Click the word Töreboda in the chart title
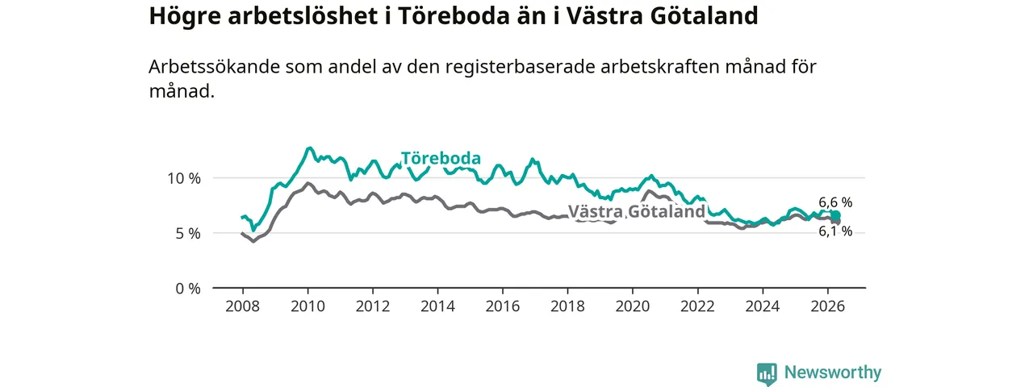coord(454,15)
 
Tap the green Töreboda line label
coord(441,159)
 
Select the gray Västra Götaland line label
coord(637,211)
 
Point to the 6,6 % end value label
coord(835,202)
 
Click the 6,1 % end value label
coord(835,231)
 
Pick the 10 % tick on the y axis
coord(184,178)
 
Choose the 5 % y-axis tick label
coord(188,234)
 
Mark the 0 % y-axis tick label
coord(188,289)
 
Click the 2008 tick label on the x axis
coord(243,306)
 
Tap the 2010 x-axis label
coord(307,306)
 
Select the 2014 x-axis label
coord(437,306)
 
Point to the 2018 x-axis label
coord(567,306)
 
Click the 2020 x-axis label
coord(633,306)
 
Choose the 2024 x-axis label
coord(763,306)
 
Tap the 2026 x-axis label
coord(828,306)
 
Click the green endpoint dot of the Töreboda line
coord(836,215)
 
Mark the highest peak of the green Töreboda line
coord(309,148)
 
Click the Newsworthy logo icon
coord(767,373)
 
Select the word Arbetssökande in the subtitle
coord(215,67)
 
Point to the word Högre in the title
coord(185,17)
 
